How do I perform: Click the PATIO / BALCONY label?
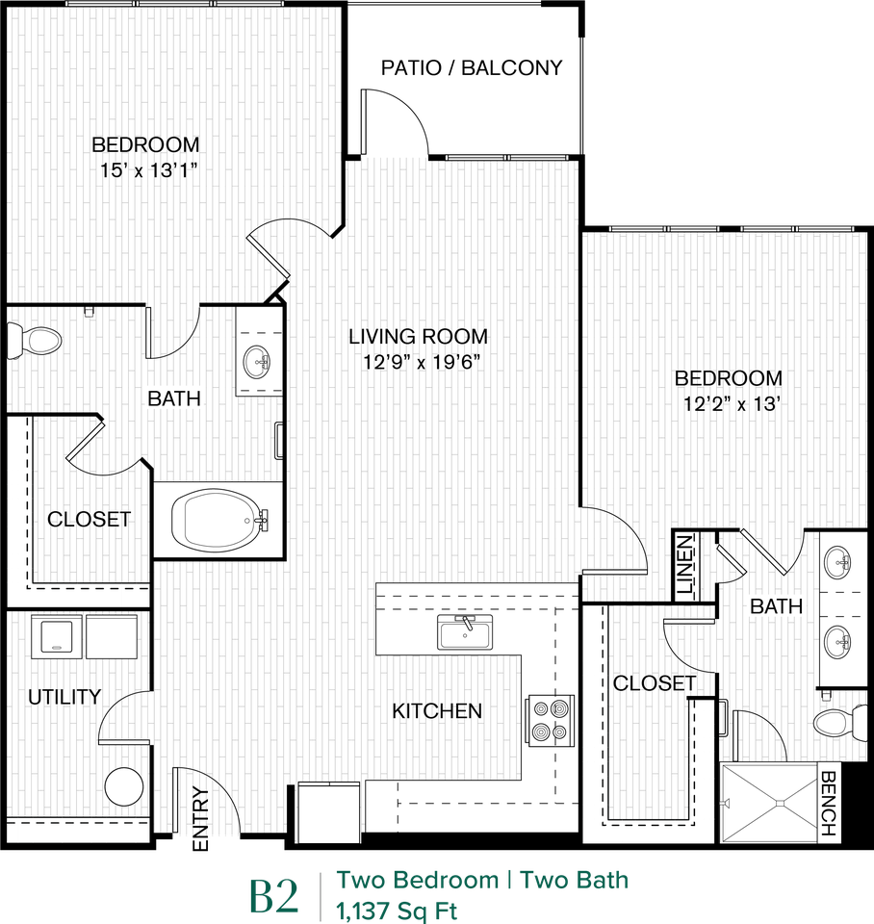(471, 68)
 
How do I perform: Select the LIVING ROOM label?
(418, 337)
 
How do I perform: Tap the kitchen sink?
(466, 633)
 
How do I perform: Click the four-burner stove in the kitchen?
(550, 720)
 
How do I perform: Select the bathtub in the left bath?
(218, 521)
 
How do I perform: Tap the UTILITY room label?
(64, 697)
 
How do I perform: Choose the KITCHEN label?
(437, 711)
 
